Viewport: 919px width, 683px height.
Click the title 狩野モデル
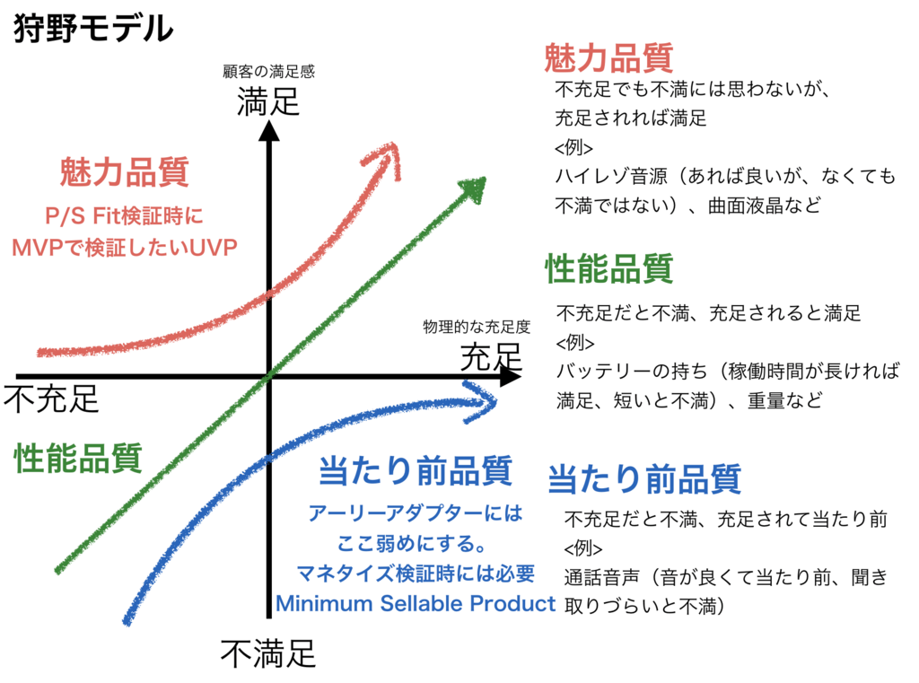click(93, 28)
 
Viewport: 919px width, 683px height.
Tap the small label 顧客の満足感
click(268, 72)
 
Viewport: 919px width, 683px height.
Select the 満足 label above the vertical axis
click(268, 101)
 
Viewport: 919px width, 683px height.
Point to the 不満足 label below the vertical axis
click(268, 653)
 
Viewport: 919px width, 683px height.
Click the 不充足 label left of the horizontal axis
click(51, 398)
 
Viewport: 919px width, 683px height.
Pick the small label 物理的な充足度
click(477, 327)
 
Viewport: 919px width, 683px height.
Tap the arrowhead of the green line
click(474, 188)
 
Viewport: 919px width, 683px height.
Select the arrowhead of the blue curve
click(481, 402)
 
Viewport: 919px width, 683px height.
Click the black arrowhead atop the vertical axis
click(269, 131)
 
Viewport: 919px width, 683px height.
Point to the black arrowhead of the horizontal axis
click(509, 376)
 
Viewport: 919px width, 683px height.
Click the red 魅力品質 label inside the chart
click(124, 171)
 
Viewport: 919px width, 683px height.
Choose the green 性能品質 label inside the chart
click(79, 458)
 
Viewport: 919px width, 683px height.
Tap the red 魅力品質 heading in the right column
click(609, 57)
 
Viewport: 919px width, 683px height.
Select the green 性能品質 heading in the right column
click(609, 268)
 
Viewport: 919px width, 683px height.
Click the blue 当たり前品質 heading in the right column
click(644, 478)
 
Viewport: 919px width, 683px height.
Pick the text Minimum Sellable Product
click(416, 603)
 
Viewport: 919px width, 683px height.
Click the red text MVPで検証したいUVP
click(125, 248)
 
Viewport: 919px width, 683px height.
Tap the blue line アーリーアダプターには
click(415, 513)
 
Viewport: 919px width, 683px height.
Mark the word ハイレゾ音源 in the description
click(611, 176)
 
